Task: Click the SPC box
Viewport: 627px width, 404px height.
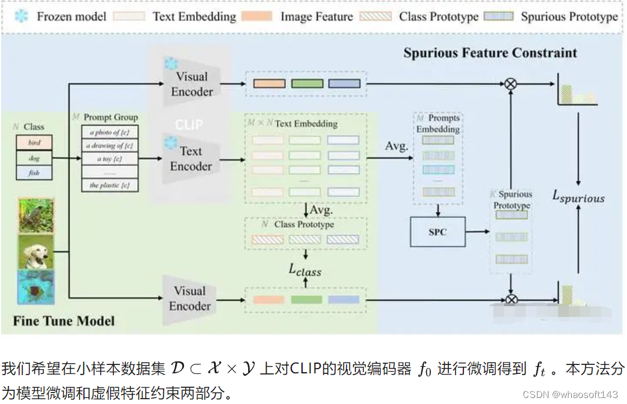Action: coord(438,232)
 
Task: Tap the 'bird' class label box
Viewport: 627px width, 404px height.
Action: coord(34,143)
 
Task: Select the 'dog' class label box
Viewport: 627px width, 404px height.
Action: coord(34,158)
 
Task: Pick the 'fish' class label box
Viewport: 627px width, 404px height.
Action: coord(34,173)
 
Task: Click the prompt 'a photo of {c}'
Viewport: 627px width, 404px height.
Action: coord(110,132)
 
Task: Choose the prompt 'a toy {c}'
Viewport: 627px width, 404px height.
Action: coord(110,159)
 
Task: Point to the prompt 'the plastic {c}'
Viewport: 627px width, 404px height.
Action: coord(110,185)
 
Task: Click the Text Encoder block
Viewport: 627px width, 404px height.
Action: coord(191,159)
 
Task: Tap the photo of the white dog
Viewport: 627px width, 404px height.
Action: coord(36,251)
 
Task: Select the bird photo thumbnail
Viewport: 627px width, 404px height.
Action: coord(36,216)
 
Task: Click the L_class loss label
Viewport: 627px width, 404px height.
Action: coord(305,270)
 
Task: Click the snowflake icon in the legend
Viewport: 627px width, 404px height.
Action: coord(21,16)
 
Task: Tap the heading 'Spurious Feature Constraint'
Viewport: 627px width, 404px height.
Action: coord(490,53)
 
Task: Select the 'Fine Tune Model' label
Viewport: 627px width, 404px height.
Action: coord(64,321)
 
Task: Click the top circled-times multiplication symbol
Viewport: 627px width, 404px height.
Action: coord(510,84)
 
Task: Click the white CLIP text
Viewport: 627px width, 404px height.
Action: coord(189,125)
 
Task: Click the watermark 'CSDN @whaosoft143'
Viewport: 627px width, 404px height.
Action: coord(569,394)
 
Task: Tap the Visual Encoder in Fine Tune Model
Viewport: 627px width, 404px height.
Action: coord(190,298)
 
